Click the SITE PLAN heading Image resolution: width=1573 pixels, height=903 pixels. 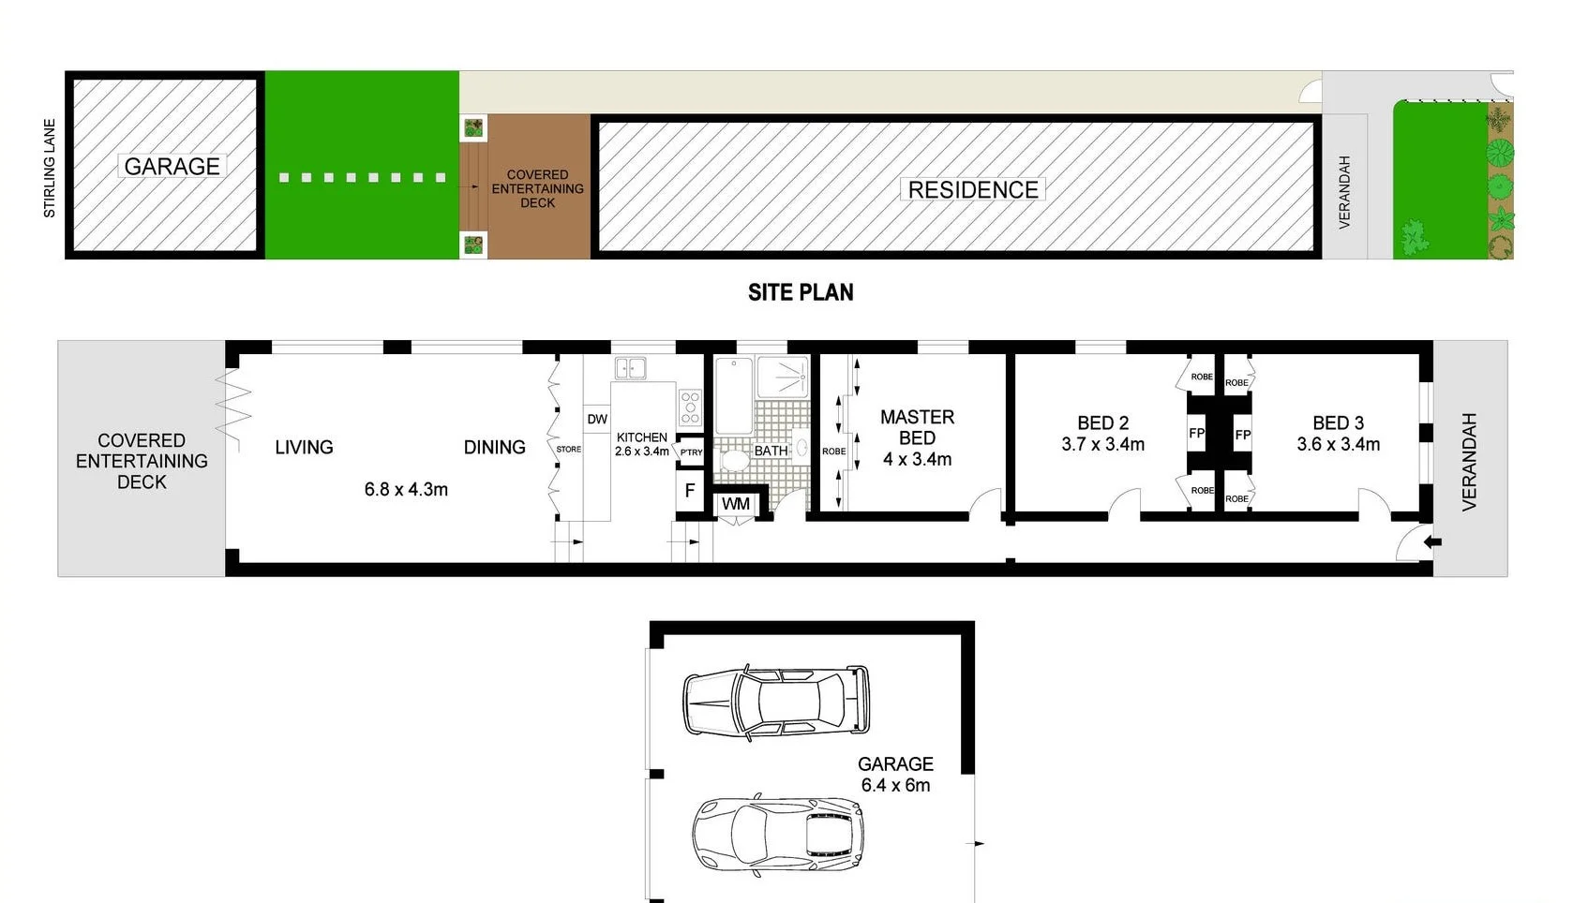click(x=801, y=292)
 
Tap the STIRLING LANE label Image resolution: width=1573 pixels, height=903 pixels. click(x=50, y=169)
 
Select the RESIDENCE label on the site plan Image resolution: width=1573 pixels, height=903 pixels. click(x=972, y=190)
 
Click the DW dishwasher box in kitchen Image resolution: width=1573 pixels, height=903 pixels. click(x=597, y=419)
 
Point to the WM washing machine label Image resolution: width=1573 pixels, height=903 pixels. click(x=736, y=504)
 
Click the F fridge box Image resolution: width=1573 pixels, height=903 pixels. click(x=690, y=491)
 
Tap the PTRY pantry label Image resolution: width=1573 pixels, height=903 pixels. click(x=692, y=452)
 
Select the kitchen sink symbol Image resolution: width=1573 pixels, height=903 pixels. click(x=630, y=368)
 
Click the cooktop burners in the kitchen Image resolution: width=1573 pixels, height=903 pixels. click(x=691, y=407)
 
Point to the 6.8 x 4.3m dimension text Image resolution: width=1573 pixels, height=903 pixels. click(x=406, y=489)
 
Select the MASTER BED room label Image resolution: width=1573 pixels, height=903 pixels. click(x=917, y=427)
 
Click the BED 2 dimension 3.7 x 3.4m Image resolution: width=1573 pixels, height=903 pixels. click(x=1102, y=445)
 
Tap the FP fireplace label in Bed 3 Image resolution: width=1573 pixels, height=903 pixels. click(x=1242, y=435)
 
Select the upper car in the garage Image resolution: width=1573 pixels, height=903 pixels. click(x=776, y=701)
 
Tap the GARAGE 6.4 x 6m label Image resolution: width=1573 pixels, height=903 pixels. click(x=895, y=775)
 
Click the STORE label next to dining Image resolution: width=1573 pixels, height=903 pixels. click(x=568, y=450)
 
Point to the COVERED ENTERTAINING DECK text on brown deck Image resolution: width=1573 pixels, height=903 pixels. click(x=537, y=188)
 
